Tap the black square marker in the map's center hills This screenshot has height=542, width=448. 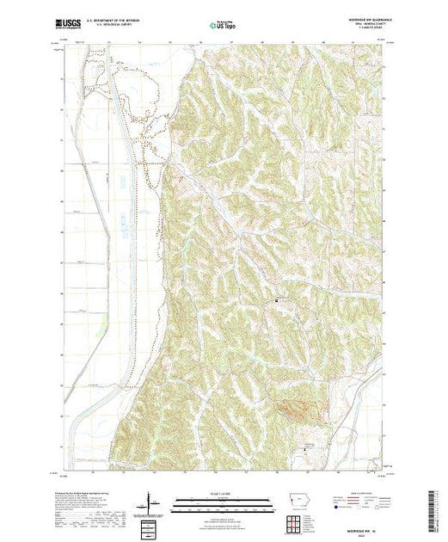pyautogui.click(x=276, y=301)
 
